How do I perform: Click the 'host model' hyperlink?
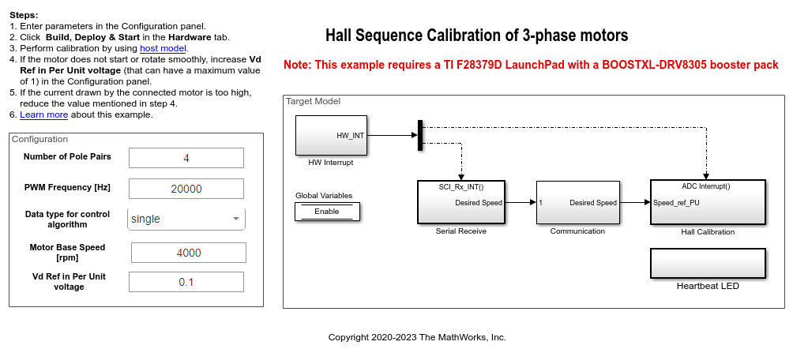click(163, 48)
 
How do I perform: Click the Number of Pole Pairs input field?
click(186, 158)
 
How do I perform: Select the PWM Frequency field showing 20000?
click(186, 189)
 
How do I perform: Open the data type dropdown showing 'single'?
click(186, 219)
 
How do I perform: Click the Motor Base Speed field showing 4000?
click(188, 253)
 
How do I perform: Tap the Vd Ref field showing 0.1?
click(186, 282)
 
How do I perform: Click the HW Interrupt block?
click(331, 135)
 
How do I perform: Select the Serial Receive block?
click(461, 202)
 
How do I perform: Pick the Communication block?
click(577, 202)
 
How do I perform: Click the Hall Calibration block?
click(708, 202)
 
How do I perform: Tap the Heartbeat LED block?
click(708, 261)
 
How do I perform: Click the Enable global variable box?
click(327, 211)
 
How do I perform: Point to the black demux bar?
click(420, 133)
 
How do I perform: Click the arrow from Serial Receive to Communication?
click(521, 203)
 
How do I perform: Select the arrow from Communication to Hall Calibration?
click(635, 203)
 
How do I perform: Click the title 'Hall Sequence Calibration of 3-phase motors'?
click(476, 36)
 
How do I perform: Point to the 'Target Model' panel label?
click(313, 102)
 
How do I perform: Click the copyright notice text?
click(417, 337)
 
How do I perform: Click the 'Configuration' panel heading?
click(40, 139)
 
